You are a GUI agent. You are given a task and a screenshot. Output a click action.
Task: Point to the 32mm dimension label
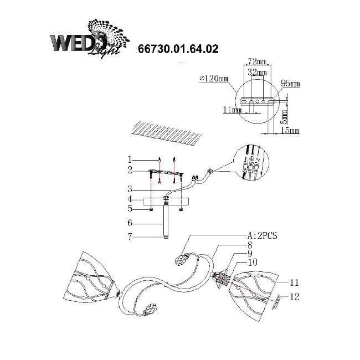tap(258, 72)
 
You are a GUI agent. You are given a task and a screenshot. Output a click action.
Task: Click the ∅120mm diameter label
tap(213, 80)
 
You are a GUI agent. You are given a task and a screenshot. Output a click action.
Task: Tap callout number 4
tap(131, 198)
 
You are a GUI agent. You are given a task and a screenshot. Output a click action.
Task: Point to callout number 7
tap(131, 237)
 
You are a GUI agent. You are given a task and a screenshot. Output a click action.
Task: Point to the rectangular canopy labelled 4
tap(166, 200)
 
